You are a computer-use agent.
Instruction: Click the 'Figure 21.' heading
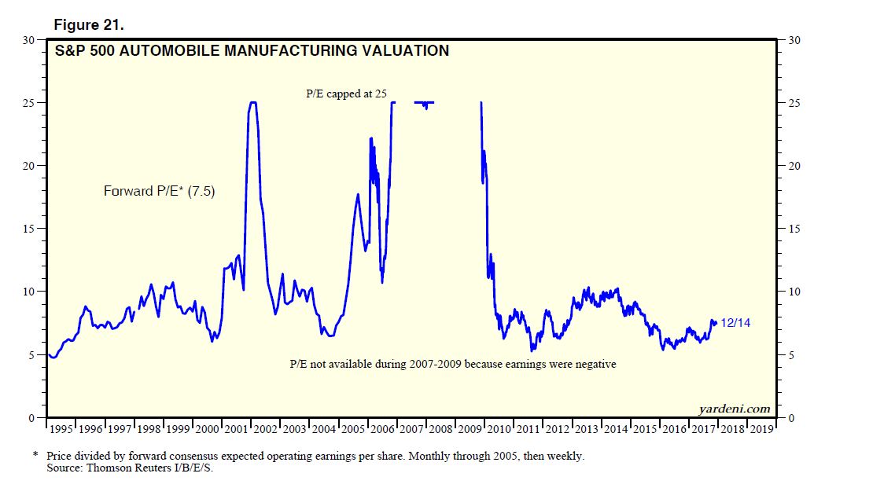pyautogui.click(x=89, y=24)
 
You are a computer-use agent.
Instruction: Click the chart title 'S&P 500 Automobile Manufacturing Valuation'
pyautogui.click(x=251, y=51)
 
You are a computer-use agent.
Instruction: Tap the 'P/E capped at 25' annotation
pyautogui.click(x=346, y=94)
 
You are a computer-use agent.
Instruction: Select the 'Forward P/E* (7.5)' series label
pyautogui.click(x=159, y=190)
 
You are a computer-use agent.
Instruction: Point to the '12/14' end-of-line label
pyautogui.click(x=735, y=322)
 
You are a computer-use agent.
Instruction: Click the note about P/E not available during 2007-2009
pyautogui.click(x=454, y=364)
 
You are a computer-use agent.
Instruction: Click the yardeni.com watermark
pyautogui.click(x=734, y=409)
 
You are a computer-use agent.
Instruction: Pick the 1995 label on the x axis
pyautogui.click(x=61, y=430)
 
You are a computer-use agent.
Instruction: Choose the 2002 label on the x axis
pyautogui.click(x=265, y=430)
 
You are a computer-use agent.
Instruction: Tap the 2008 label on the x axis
pyautogui.click(x=440, y=430)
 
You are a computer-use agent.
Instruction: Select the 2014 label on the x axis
pyautogui.click(x=616, y=430)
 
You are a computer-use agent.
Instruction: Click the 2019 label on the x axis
pyautogui.click(x=761, y=430)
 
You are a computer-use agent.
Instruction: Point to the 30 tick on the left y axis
pyautogui.click(x=30, y=39)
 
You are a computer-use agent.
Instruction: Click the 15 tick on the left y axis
pyautogui.click(x=30, y=229)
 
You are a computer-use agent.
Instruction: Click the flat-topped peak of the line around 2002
pyautogui.click(x=252, y=102)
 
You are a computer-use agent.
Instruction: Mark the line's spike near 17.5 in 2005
pyautogui.click(x=358, y=194)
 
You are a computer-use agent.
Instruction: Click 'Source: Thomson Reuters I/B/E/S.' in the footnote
pyautogui.click(x=130, y=468)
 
